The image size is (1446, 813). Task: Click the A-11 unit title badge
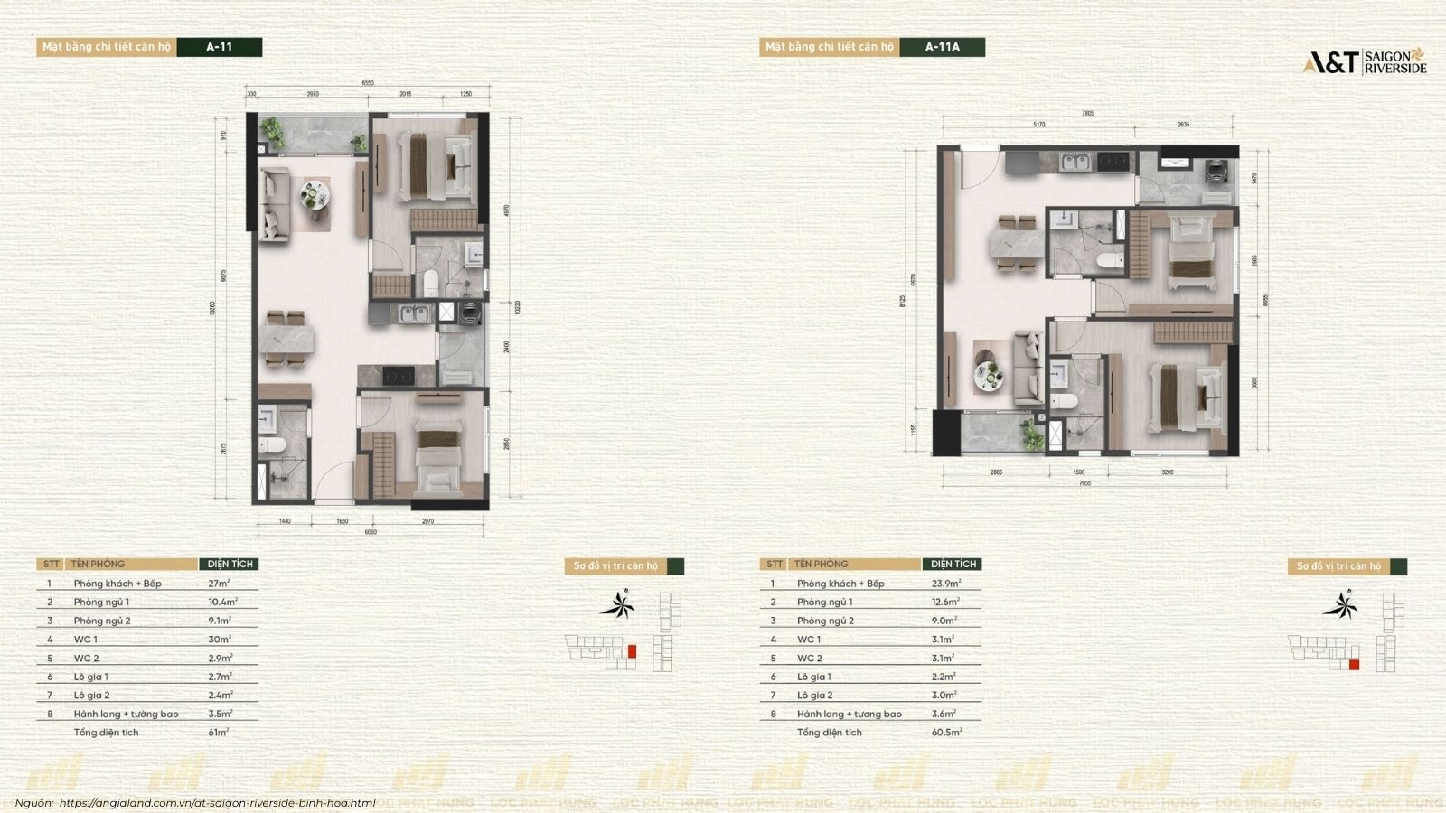(x=219, y=47)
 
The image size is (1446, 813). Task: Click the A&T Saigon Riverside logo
(x=1364, y=61)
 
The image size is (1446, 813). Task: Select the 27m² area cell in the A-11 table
(x=220, y=584)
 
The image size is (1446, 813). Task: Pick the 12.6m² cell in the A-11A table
(x=945, y=602)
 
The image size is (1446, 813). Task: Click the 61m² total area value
(x=218, y=733)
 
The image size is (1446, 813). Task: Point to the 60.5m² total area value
(x=946, y=733)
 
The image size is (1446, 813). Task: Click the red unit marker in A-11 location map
(x=632, y=650)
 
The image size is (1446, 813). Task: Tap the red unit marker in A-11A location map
(x=1354, y=665)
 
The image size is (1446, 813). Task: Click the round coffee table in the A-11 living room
(x=313, y=194)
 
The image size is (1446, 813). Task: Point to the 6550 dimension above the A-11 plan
(x=368, y=83)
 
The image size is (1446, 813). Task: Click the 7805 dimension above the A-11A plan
(x=1087, y=114)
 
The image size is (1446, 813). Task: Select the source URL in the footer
(x=217, y=802)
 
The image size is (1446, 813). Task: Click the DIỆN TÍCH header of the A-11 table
(x=230, y=564)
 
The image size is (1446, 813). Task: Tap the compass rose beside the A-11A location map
(x=1339, y=604)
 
